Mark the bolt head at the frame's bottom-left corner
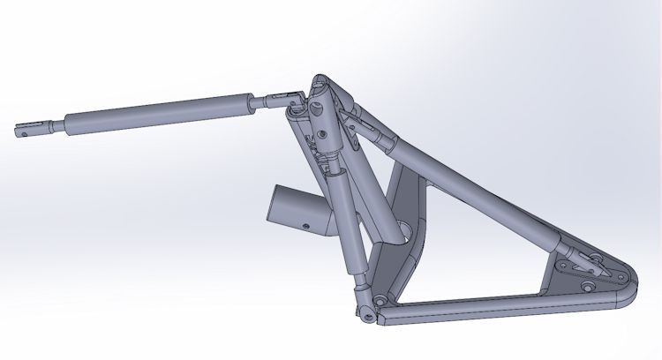click(x=380, y=302)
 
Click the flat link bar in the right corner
click(x=578, y=266)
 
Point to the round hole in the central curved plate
click(x=406, y=233)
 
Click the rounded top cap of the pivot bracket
click(x=322, y=84)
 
